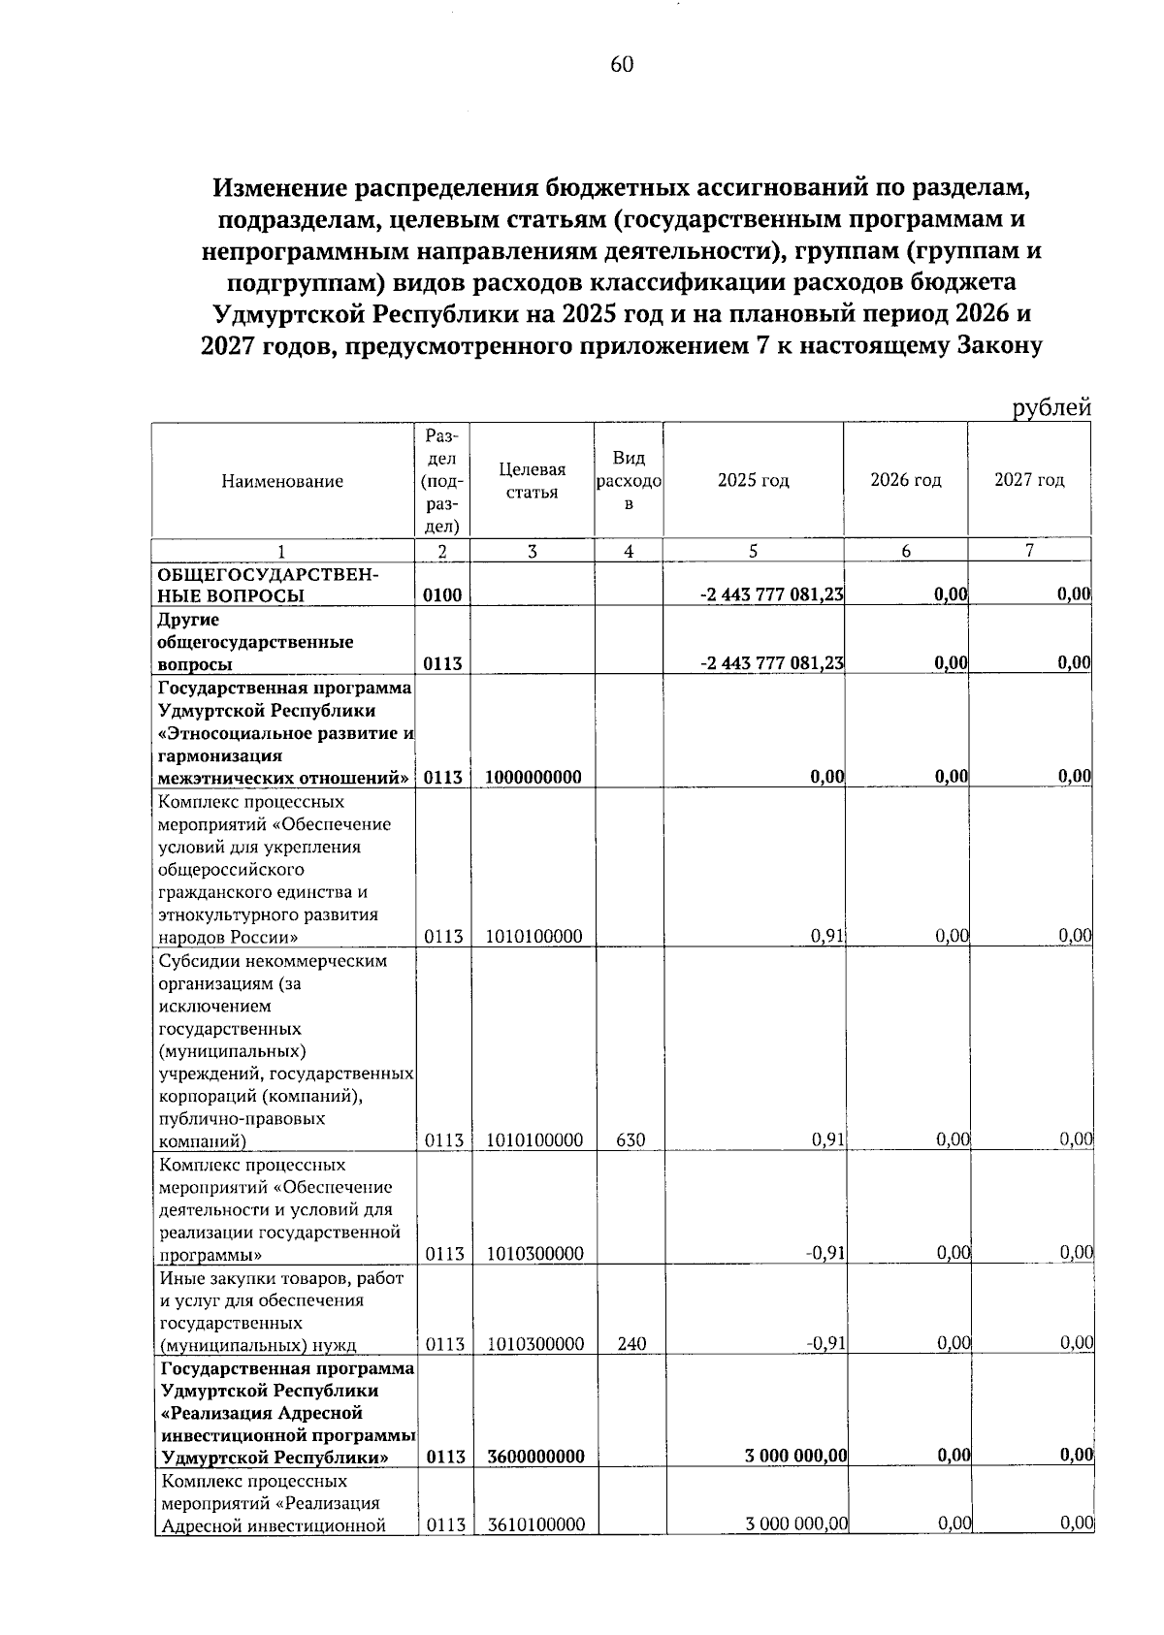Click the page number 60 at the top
pos(622,65)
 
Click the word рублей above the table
pos(1051,408)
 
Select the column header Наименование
pos(282,481)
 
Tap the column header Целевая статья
pos(532,481)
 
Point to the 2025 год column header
pos(753,481)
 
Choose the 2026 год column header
pos(905,481)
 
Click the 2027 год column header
pos(1029,481)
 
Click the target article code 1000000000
pos(533,777)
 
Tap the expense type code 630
pos(630,1140)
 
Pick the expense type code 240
pos(630,1344)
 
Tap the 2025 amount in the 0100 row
pos(771,595)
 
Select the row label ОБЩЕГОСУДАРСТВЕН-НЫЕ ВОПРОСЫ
pos(268,585)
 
